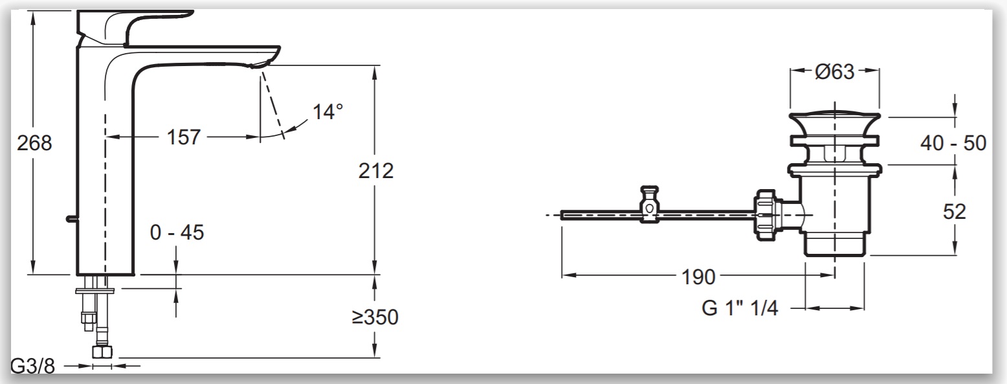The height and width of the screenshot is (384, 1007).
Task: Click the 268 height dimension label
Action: click(34, 143)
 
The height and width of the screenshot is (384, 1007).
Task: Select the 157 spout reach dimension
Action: click(183, 137)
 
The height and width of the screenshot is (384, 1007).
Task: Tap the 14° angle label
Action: click(327, 111)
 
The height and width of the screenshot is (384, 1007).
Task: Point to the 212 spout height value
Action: click(376, 171)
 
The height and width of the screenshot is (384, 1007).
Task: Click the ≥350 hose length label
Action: click(375, 317)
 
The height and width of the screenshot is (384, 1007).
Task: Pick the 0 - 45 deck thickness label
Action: click(177, 232)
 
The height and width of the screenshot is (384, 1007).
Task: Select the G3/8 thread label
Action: click(32, 367)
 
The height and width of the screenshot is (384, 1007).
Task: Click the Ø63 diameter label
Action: click(834, 72)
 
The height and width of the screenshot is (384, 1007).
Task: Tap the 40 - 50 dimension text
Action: click(953, 144)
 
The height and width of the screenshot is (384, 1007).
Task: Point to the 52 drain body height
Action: click(954, 212)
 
